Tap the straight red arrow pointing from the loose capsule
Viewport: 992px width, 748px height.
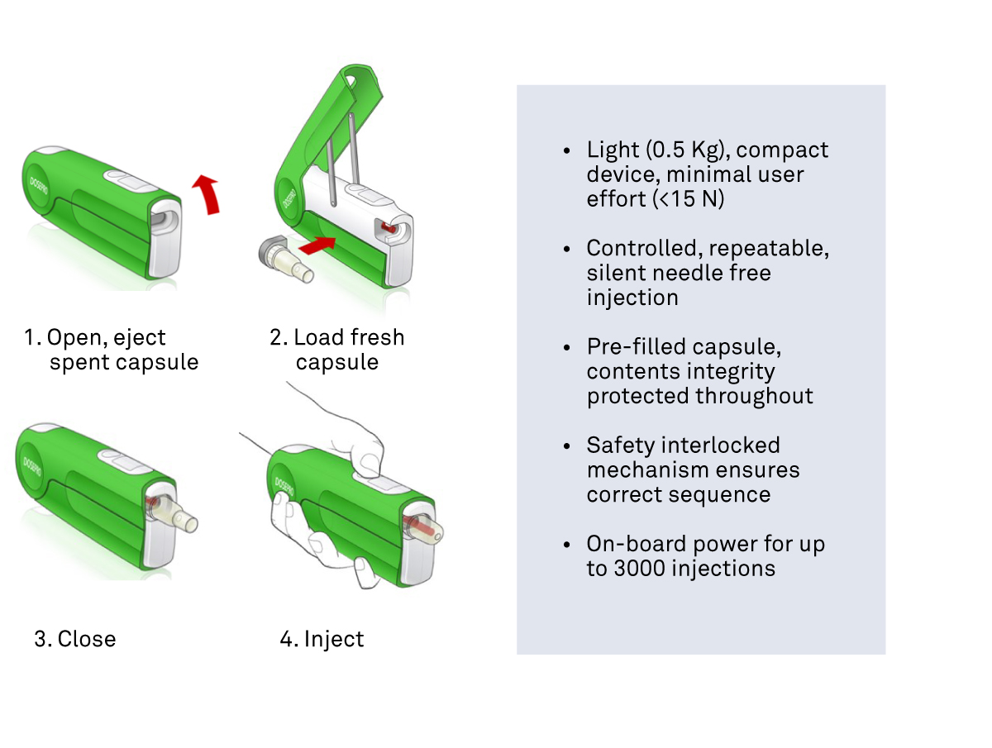pos(318,243)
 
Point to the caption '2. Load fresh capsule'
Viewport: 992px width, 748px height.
pos(337,350)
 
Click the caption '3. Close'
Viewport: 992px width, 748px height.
pos(74,639)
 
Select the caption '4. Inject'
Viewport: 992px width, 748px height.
pos(322,639)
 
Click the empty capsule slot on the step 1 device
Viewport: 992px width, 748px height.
pos(162,219)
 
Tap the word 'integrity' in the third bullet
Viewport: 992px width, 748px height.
pos(737,371)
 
